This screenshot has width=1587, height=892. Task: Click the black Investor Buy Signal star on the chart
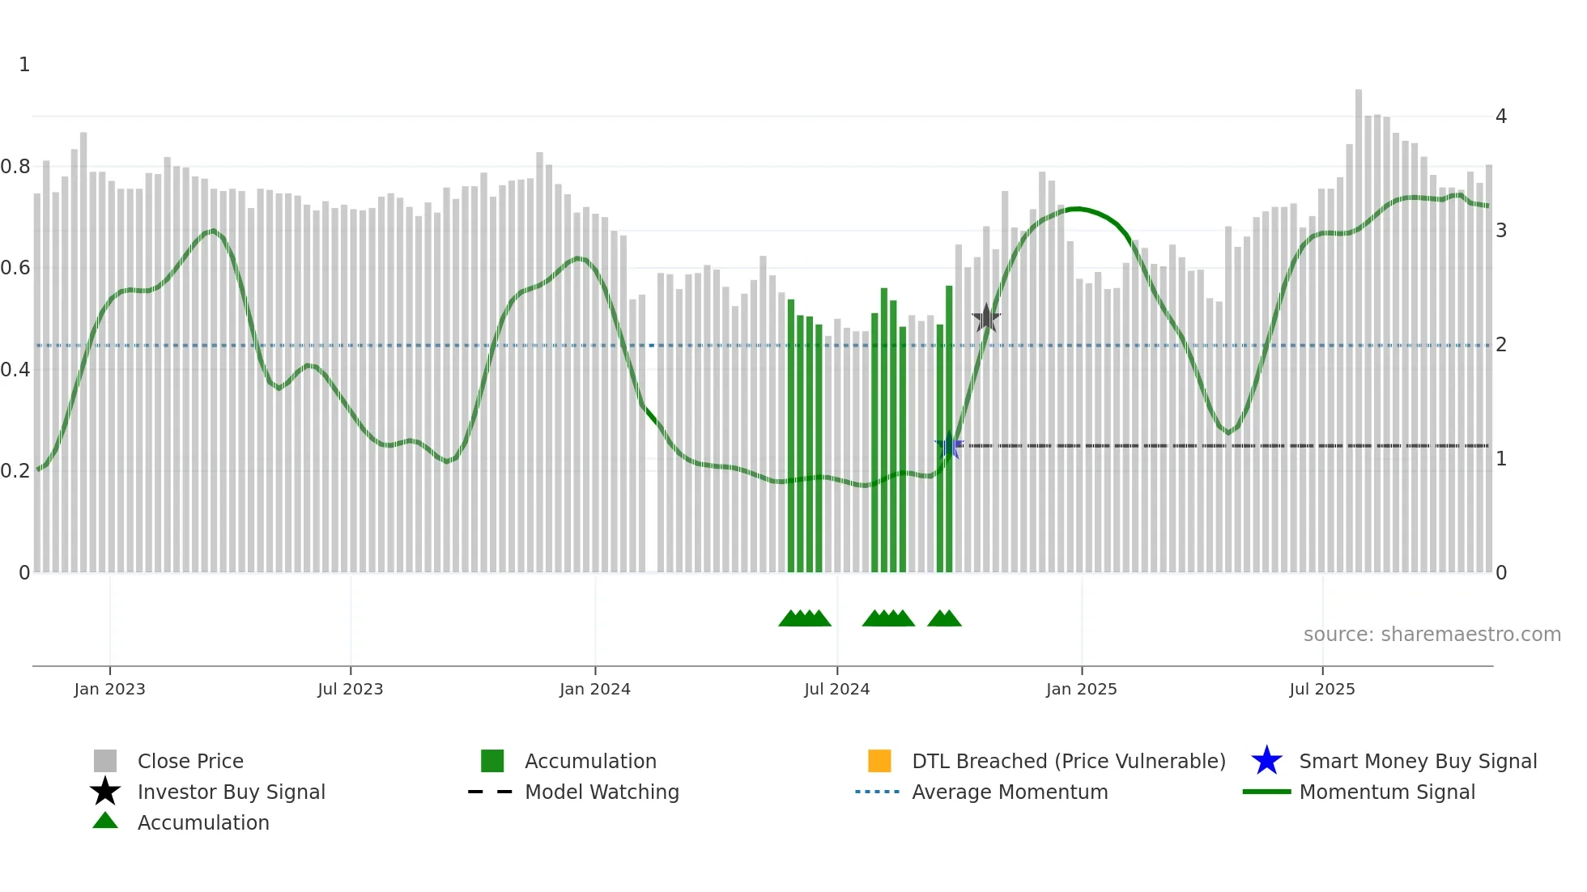point(986,318)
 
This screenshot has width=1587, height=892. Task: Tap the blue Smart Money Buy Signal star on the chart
point(949,445)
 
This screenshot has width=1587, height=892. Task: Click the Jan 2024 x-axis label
point(594,689)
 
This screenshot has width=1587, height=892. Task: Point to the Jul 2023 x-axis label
point(350,689)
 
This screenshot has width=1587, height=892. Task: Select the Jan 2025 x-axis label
point(1081,689)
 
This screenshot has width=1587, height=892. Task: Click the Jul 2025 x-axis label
point(1321,689)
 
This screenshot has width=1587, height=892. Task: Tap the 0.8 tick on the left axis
point(15,167)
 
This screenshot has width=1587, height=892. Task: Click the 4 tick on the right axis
point(1501,117)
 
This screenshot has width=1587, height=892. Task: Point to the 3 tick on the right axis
point(1501,231)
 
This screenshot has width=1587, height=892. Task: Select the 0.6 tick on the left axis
point(15,268)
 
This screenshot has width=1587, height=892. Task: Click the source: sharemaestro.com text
point(1432,635)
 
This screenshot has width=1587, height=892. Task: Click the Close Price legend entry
point(190,761)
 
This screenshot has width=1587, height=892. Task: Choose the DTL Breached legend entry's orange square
point(879,761)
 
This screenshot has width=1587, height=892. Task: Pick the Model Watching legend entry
point(602,792)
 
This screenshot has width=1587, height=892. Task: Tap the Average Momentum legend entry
point(1010,792)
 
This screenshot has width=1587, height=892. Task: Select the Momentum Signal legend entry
point(1387,792)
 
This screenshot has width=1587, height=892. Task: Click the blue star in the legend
point(1266,761)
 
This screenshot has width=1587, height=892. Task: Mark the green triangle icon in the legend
point(105,821)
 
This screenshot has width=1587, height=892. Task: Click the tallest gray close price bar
point(1359,324)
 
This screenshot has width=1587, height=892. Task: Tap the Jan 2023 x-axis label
point(109,689)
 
